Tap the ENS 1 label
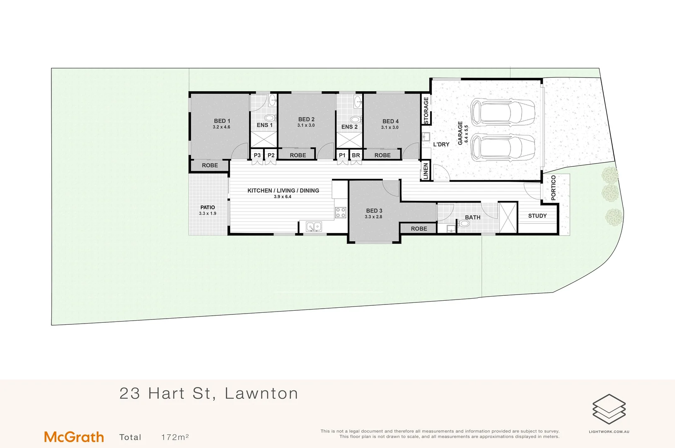click(264, 125)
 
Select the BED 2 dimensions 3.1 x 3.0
click(306, 125)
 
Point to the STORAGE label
click(426, 110)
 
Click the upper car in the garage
click(502, 112)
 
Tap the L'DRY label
click(441, 144)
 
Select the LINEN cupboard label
click(426, 171)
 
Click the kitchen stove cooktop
click(341, 213)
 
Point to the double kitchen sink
click(314, 226)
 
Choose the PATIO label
click(208, 207)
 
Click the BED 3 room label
click(374, 211)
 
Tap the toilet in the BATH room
click(464, 224)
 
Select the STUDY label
click(537, 216)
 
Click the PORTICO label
click(554, 187)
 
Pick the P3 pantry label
click(257, 155)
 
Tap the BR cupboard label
click(356, 155)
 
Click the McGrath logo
click(74, 437)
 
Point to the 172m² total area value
click(175, 437)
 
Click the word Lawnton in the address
click(261, 393)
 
